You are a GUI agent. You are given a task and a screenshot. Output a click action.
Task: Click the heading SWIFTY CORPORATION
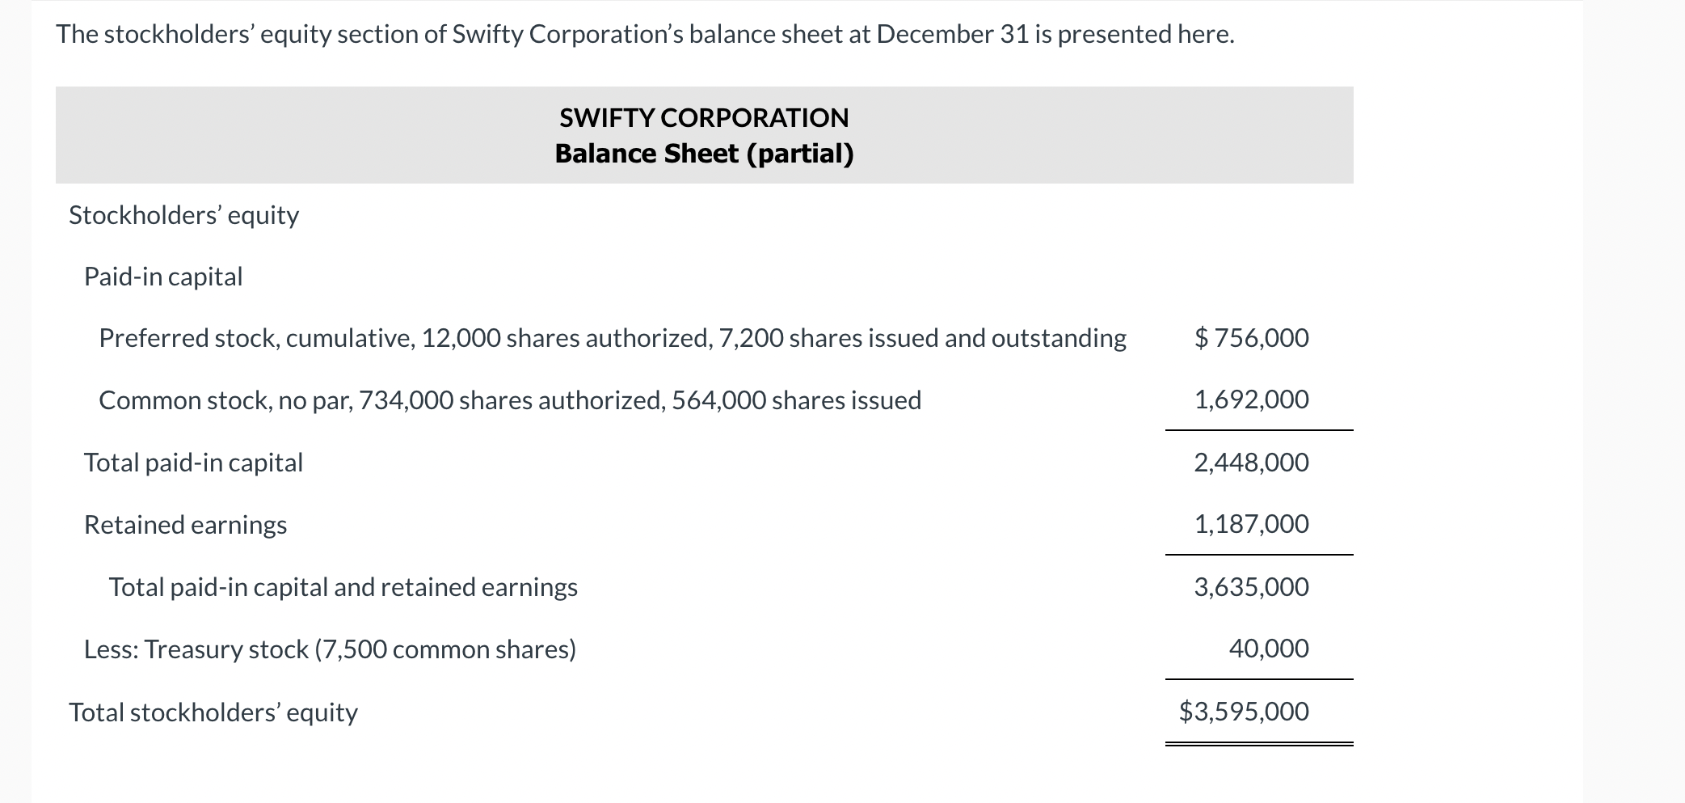click(704, 118)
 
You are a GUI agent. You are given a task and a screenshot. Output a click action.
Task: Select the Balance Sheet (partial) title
click(704, 154)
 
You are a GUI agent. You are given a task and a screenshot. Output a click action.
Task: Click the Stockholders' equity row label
click(183, 215)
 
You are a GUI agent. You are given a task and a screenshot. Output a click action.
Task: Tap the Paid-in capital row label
click(163, 277)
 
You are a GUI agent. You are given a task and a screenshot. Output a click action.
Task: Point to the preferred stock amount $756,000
click(1252, 338)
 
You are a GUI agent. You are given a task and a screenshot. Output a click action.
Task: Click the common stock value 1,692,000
click(1252, 399)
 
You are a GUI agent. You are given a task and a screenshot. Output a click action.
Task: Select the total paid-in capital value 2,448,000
click(1252, 463)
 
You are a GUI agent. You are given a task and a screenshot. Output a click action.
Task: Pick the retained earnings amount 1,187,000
click(1252, 524)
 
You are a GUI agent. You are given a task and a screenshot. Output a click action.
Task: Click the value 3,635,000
click(1252, 587)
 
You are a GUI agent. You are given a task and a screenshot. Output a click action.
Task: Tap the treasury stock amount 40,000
click(1269, 649)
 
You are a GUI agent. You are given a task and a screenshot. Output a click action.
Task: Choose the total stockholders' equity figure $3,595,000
click(1244, 712)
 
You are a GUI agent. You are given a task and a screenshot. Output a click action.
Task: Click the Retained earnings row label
click(185, 525)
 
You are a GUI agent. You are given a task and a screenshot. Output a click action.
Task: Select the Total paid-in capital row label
click(193, 463)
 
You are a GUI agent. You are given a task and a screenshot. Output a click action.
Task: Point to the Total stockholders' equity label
click(213, 712)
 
